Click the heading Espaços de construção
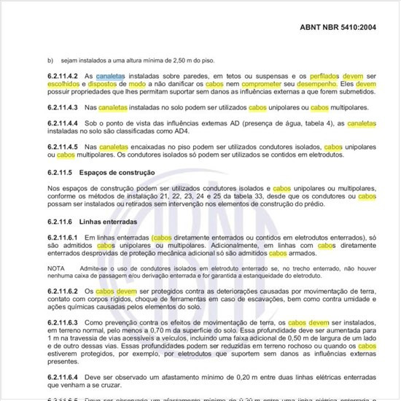117,172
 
